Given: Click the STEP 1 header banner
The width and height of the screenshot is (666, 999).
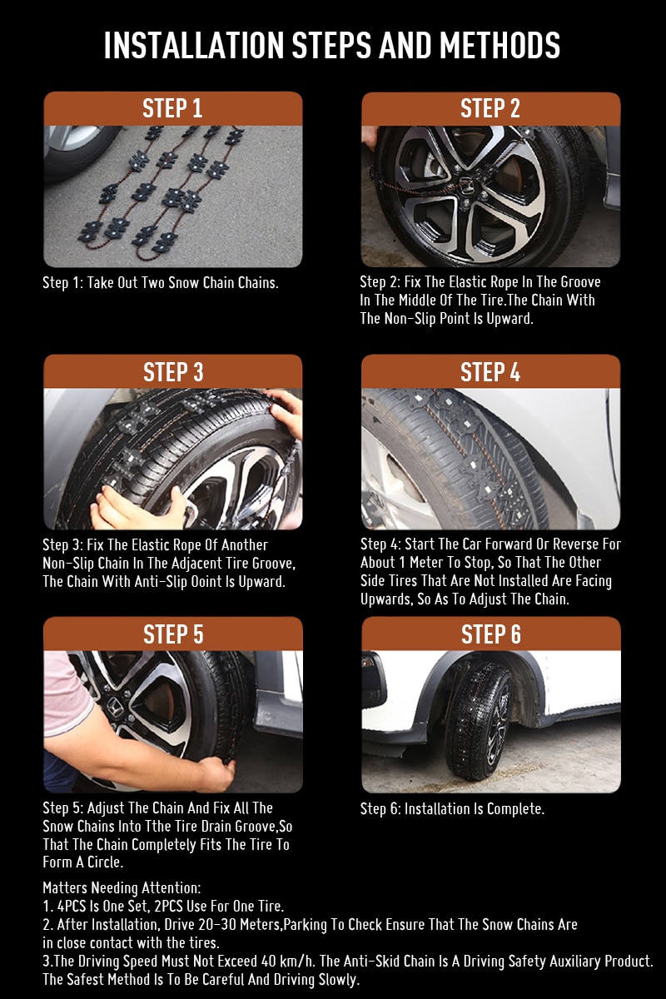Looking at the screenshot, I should (172, 108).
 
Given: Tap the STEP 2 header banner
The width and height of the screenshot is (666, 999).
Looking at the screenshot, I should (490, 108).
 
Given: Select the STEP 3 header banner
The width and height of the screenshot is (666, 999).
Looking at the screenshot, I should (172, 371).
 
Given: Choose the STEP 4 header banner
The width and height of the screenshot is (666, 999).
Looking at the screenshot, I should (490, 371).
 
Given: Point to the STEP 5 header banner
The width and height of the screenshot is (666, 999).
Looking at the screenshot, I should (172, 634).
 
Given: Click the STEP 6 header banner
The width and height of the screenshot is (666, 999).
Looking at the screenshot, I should (490, 634).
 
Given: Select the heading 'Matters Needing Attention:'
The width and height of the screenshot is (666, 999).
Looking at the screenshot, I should (122, 888).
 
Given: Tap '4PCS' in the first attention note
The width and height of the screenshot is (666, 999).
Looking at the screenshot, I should (74, 907).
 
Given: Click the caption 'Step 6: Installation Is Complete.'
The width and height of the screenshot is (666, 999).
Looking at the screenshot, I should (452, 808).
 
